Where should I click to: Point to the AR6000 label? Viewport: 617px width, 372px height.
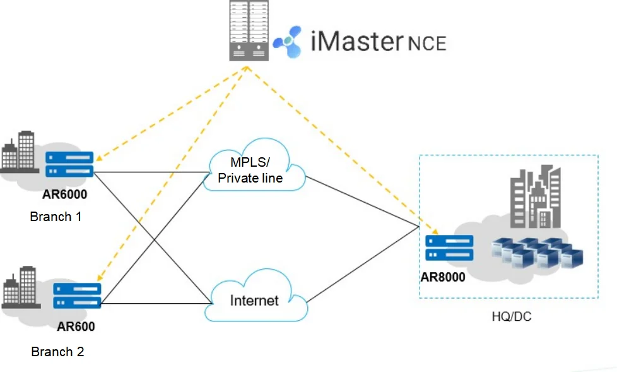(x=65, y=194)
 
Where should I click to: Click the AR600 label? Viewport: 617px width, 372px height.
(x=76, y=327)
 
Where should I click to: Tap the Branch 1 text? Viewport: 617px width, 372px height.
(x=56, y=217)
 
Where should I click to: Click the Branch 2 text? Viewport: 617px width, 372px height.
(x=57, y=352)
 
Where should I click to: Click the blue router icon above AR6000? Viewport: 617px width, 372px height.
(x=69, y=164)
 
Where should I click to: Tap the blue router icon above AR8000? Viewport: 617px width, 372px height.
(x=449, y=248)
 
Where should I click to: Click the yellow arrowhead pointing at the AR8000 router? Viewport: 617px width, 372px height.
(x=434, y=231)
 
